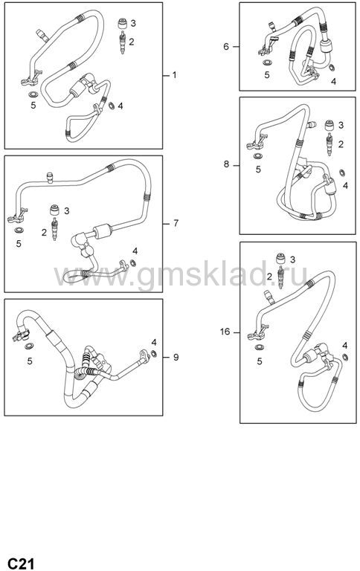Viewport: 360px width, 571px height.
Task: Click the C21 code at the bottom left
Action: point(21,563)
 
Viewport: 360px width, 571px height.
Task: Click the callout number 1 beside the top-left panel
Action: point(174,75)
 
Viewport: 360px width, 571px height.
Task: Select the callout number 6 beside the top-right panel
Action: point(226,47)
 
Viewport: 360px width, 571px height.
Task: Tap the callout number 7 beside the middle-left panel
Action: point(176,223)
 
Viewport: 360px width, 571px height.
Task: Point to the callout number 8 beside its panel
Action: point(227,164)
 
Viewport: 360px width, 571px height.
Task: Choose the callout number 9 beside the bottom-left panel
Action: point(176,357)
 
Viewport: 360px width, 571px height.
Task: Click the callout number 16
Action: point(225,332)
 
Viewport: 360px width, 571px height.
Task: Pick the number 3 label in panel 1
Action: point(133,23)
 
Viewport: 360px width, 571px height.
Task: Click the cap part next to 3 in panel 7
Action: point(54,210)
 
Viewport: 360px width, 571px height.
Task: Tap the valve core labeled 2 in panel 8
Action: point(330,144)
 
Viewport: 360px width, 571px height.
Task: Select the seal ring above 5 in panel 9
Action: point(29,346)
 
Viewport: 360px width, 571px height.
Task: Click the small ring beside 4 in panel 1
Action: point(112,106)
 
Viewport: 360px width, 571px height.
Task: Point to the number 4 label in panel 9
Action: point(154,342)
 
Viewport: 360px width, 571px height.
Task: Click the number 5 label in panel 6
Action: point(267,75)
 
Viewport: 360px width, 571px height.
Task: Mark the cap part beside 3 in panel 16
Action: point(280,258)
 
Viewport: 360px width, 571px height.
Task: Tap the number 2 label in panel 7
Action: point(44,232)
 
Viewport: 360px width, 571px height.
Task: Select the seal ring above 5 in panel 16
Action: point(260,347)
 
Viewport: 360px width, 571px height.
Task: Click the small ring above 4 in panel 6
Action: point(332,68)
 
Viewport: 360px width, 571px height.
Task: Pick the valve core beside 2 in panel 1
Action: point(123,42)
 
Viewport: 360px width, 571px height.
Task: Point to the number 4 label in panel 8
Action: point(345,186)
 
